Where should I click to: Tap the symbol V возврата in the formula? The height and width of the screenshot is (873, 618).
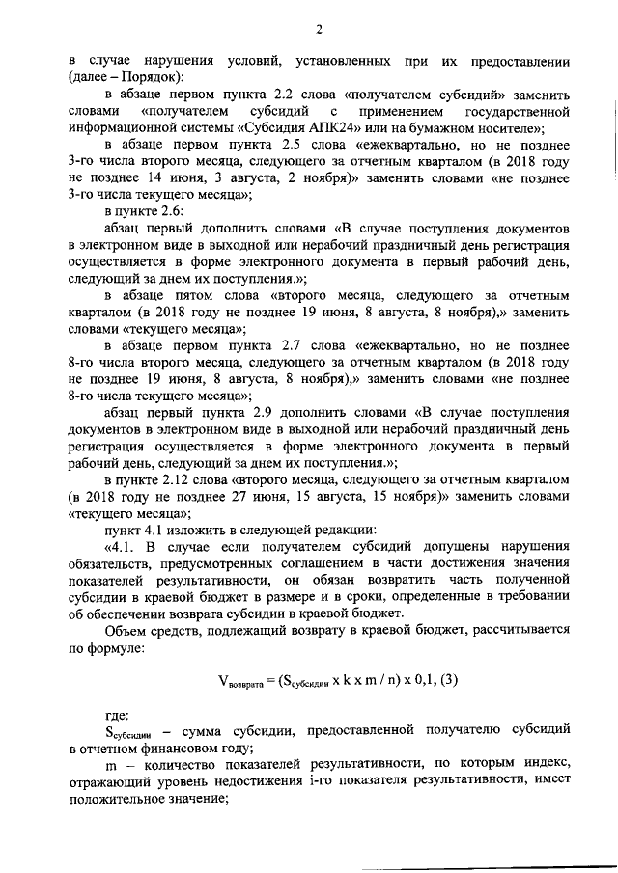[239, 681]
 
